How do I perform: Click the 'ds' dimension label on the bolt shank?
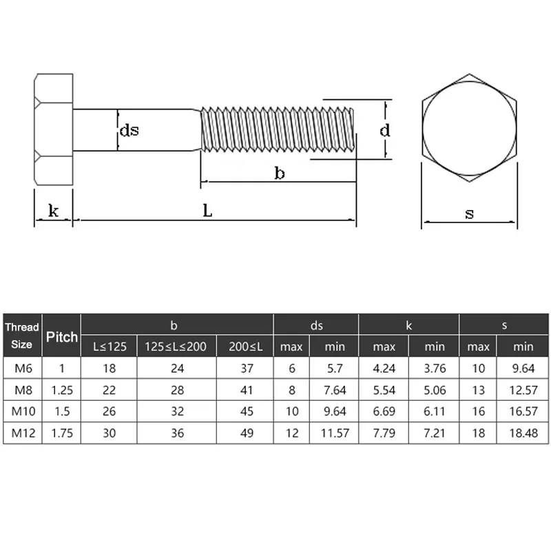pyautogui.click(x=129, y=129)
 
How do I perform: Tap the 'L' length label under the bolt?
pyautogui.click(x=207, y=211)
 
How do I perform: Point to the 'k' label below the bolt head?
pyautogui.click(x=54, y=211)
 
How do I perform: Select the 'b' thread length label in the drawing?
pyautogui.click(x=279, y=173)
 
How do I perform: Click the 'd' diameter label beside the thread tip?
pyautogui.click(x=385, y=129)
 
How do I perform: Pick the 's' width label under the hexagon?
pyautogui.click(x=469, y=214)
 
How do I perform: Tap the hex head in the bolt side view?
pyautogui.click(x=53, y=129)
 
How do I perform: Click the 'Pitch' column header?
pyautogui.click(x=61, y=337)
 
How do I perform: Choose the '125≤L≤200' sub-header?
pyautogui.click(x=176, y=346)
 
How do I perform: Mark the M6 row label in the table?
pyautogui.click(x=23, y=368)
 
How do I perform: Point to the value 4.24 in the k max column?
pyautogui.click(x=384, y=368)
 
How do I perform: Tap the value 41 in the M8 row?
pyautogui.click(x=245, y=390)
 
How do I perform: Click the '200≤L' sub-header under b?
pyautogui.click(x=245, y=346)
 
